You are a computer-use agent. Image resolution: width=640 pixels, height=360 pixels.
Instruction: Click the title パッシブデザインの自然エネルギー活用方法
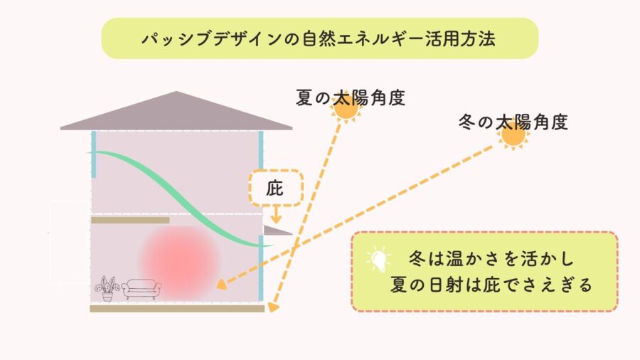pos(319,38)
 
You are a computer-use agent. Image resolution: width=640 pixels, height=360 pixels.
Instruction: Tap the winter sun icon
pos(513,134)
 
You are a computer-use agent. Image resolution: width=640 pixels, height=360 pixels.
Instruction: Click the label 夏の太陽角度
pos(351,97)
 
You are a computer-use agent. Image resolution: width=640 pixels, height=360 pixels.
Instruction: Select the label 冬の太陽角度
pos(513,122)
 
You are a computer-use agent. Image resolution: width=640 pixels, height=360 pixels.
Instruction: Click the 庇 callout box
pos(275,187)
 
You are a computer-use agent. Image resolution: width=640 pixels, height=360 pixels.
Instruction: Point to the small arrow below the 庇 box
pos(275,215)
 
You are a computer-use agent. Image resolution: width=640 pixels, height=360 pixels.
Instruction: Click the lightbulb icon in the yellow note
pos(379,259)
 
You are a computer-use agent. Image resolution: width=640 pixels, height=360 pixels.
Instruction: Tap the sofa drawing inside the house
pos(142,289)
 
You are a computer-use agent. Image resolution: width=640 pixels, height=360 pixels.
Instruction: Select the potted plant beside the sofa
pos(107,289)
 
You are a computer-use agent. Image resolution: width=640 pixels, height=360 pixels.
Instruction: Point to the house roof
pos(176,112)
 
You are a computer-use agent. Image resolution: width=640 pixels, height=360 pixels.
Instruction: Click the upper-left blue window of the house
pos(93,154)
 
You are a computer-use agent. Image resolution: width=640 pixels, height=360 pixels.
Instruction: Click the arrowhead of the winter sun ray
pos(221,286)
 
